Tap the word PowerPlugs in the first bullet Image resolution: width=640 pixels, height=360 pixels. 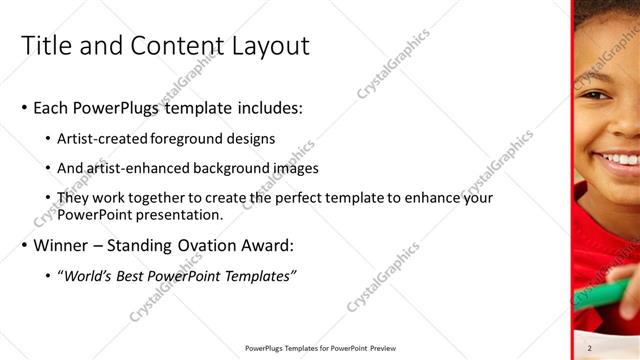[x=115, y=108]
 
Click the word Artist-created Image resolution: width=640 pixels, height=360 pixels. [x=104, y=138]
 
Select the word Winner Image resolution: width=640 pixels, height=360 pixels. [x=61, y=245]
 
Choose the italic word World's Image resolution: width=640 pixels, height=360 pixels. [x=86, y=276]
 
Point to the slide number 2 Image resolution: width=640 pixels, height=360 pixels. [x=591, y=348]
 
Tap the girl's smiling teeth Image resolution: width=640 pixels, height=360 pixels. [x=620, y=158]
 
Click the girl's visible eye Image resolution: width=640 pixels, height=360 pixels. [x=597, y=97]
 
